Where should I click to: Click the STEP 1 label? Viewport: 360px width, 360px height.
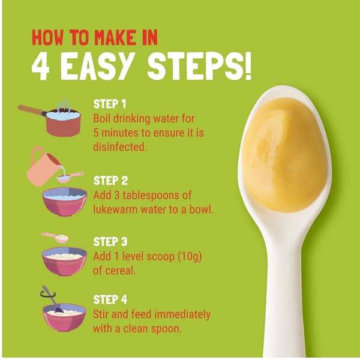pos(110,104)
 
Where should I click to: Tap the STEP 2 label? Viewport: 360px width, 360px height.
pos(110,181)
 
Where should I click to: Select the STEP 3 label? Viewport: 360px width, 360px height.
pos(110,242)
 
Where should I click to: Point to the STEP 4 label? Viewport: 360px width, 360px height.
pos(110,299)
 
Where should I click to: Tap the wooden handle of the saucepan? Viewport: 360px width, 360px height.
pos(31,110)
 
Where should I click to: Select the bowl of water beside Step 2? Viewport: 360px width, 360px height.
pos(65,202)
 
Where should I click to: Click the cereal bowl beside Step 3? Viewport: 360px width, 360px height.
pos(65,261)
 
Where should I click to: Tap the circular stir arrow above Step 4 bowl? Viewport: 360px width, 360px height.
pos(48,293)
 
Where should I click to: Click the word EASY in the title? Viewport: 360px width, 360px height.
pos(98,66)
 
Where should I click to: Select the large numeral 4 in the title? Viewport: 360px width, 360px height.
pos(41,67)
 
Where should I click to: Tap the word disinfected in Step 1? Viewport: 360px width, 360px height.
pos(119,147)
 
